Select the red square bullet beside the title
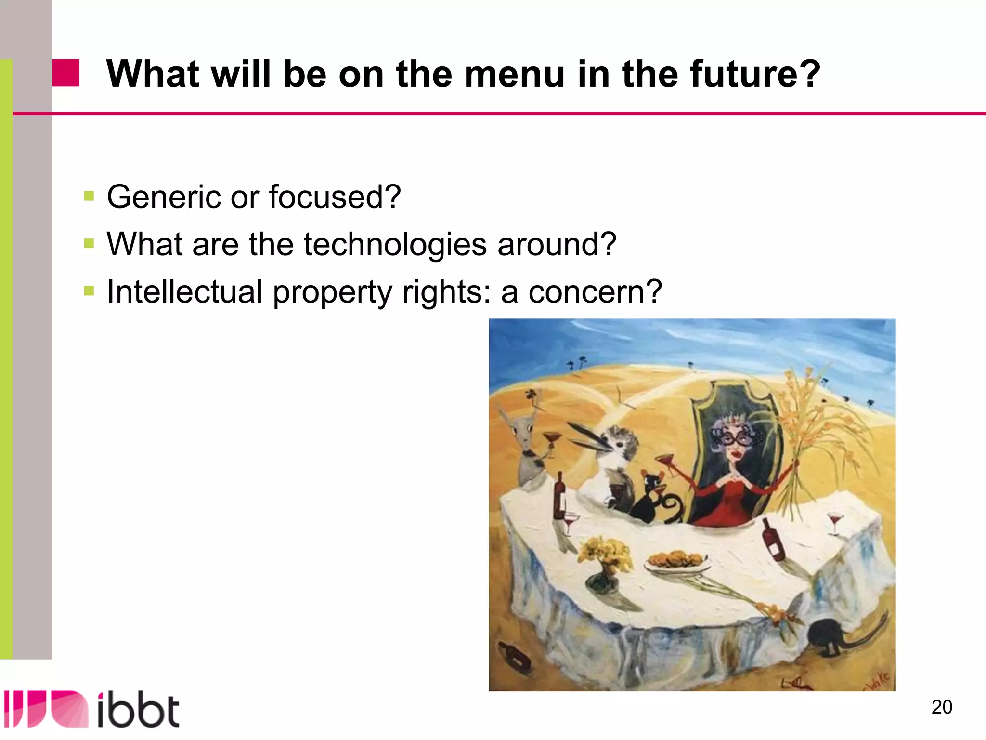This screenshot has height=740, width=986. [x=65, y=73]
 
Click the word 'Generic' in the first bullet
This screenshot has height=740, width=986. [x=163, y=197]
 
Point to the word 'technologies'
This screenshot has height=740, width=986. [x=395, y=244]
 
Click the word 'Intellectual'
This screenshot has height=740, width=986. [x=184, y=292]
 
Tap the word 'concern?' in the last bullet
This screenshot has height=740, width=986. [x=595, y=292]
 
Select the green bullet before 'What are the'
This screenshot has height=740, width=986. [x=89, y=243]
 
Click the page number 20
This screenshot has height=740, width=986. [x=941, y=707]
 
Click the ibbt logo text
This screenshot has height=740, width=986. [x=138, y=710]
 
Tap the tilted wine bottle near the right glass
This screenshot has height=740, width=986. [x=773, y=540]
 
